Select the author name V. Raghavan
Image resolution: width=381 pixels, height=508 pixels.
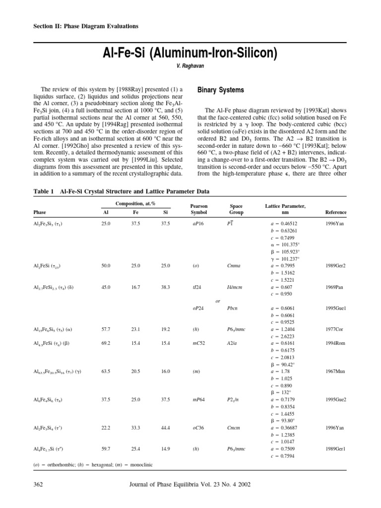[x=190, y=66]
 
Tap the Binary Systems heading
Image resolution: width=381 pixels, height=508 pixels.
[x=221, y=90]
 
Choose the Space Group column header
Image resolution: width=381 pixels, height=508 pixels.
[x=236, y=209]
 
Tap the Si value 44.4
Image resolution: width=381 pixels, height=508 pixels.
[x=165, y=427]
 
